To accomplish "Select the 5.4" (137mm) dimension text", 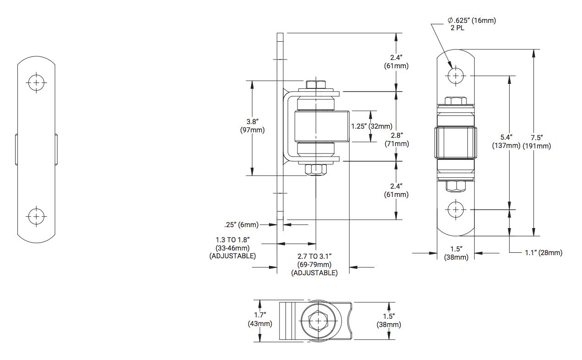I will [506, 142].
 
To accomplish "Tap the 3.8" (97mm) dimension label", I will [252, 126].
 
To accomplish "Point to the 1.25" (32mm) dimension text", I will [372, 126].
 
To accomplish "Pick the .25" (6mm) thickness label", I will [242, 224].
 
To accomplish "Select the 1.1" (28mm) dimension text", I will [544, 253].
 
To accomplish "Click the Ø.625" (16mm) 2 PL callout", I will [472, 23].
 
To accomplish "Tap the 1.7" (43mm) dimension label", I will [264, 320].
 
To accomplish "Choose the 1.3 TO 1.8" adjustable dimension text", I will [232, 248].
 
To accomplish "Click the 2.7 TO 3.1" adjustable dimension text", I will [314, 265].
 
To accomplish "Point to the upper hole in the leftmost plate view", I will [36, 83].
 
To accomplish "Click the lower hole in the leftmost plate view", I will [36, 216].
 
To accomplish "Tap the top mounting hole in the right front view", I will [456, 75].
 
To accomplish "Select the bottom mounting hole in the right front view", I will [456, 210].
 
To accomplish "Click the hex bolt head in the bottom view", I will [317, 321].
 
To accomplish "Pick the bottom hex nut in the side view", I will [316, 170].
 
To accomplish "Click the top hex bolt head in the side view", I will [316, 85].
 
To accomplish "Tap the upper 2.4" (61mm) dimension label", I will [396, 61].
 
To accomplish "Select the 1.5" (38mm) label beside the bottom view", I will [392, 321].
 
